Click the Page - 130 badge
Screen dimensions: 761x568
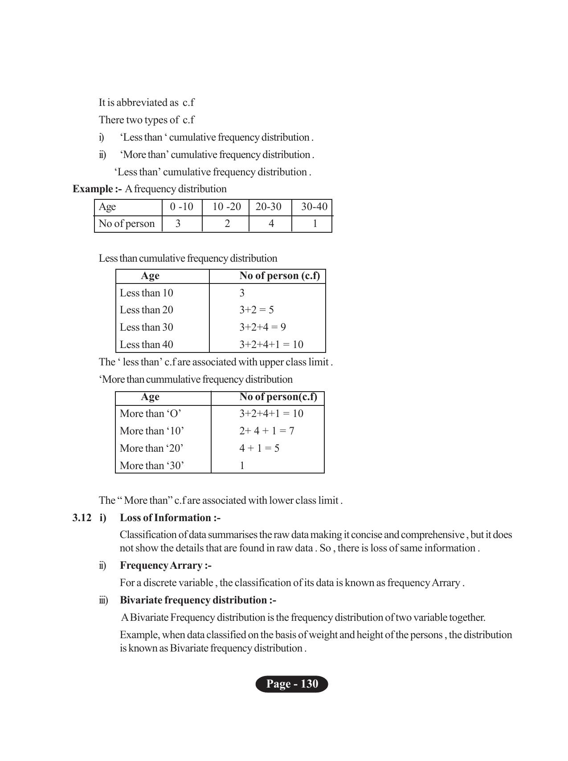(x=292, y=684)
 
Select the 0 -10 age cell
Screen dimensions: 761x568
(x=181, y=206)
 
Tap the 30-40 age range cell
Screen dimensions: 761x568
(x=314, y=206)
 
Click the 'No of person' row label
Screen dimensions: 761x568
(x=127, y=223)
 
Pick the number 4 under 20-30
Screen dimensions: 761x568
(x=271, y=223)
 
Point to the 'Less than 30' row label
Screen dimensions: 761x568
(x=146, y=327)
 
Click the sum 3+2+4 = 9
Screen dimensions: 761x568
(x=262, y=327)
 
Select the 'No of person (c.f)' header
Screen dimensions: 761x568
(x=279, y=276)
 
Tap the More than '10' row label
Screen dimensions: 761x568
(x=151, y=431)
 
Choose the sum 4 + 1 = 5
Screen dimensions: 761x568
(x=259, y=448)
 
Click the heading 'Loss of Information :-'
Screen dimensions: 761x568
(x=170, y=518)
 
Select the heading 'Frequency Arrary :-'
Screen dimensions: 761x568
(x=165, y=565)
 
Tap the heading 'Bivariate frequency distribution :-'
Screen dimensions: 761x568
(x=198, y=600)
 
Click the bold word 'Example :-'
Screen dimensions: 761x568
(x=97, y=189)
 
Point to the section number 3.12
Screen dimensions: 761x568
(x=82, y=518)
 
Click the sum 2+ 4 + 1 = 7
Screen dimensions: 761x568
(x=266, y=431)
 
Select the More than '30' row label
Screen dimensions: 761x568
(x=151, y=466)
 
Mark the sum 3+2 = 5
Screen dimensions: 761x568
(x=256, y=310)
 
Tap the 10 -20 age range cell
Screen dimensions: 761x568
(x=226, y=206)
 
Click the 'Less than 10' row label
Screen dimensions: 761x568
(x=146, y=293)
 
